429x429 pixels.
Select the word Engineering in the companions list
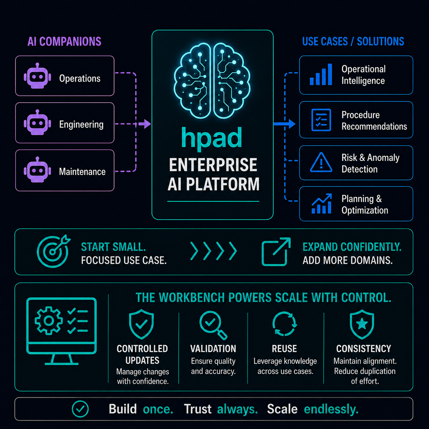81,125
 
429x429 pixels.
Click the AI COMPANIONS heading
64,41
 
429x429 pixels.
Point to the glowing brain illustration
212,81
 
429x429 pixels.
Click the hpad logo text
211,138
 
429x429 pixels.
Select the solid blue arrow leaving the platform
285,124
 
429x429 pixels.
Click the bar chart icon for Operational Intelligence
321,74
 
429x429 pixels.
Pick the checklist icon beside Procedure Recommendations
321,120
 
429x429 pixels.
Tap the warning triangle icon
321,162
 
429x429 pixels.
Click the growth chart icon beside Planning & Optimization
322,204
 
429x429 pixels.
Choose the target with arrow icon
53,251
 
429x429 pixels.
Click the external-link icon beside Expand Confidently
276,252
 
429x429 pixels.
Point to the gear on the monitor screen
49,321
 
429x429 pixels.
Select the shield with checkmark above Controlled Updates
141,324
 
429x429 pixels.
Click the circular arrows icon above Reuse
284,324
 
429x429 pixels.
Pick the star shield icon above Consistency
362,324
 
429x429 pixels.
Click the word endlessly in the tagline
331,409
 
